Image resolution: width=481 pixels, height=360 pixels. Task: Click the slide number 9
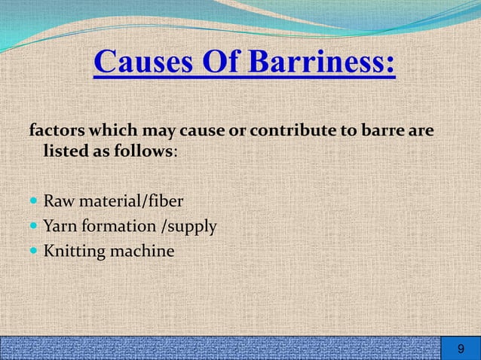click(x=461, y=349)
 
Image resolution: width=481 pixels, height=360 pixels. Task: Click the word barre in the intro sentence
click(x=388, y=130)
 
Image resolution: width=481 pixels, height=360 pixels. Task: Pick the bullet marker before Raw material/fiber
click(x=34, y=202)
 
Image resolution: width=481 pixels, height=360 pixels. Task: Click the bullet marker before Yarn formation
click(x=34, y=226)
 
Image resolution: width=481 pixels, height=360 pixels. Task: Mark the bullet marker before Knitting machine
click(x=34, y=251)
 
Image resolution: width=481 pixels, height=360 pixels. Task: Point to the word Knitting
click(x=75, y=250)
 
